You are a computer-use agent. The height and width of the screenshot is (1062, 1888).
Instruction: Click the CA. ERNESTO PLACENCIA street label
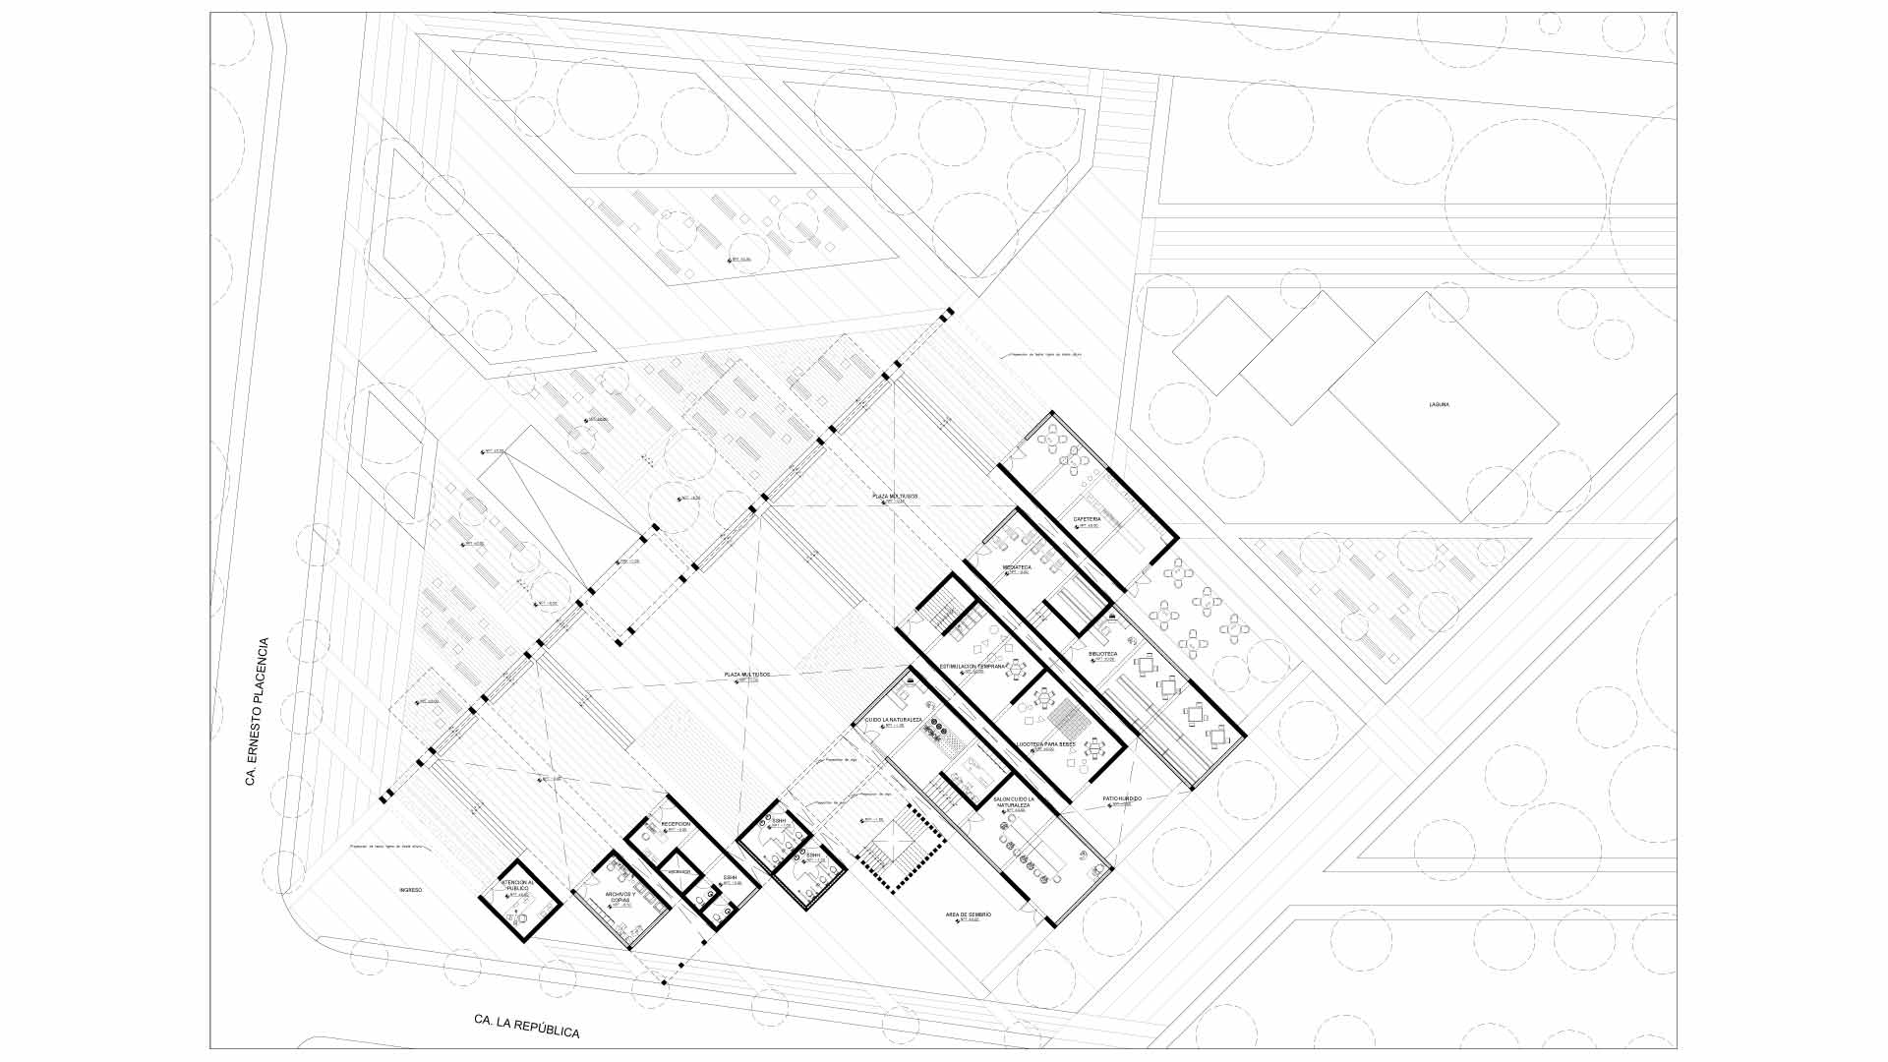257,711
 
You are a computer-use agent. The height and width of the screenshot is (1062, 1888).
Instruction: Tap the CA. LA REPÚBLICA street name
526,1025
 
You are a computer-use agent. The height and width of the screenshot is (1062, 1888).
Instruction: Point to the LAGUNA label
1440,404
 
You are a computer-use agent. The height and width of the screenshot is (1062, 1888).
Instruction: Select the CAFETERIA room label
1087,519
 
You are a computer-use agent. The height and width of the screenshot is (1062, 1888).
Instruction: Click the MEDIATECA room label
1017,567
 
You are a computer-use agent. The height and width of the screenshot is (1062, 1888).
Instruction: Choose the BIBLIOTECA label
1102,653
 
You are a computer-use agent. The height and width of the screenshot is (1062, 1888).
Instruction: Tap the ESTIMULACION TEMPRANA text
973,667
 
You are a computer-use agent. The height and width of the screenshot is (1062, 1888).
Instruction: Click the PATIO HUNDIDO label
1121,798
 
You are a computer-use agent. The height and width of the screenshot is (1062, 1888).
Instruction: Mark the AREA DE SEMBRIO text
969,914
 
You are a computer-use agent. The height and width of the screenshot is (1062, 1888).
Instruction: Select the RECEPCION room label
676,824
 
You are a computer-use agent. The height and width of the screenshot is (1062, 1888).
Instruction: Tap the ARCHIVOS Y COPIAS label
619,897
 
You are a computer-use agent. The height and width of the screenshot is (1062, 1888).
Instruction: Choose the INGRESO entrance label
410,890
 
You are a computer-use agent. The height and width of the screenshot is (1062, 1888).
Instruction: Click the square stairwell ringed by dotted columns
895,847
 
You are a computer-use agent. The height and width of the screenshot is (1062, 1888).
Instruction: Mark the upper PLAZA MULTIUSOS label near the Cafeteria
894,497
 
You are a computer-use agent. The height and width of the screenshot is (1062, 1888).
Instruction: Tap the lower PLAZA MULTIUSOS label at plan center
746,675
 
